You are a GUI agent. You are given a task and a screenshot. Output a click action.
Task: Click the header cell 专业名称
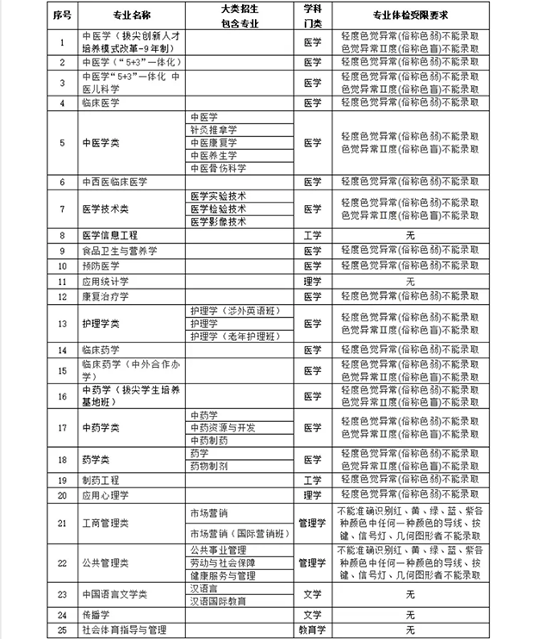coord(129,16)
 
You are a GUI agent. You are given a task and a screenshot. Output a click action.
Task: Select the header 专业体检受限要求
coord(410,16)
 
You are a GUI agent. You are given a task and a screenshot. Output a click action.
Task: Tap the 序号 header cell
coord(61,16)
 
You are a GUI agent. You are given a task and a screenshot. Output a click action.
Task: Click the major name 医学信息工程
coord(109,234)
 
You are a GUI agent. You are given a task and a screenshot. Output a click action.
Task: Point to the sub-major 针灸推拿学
coord(214,129)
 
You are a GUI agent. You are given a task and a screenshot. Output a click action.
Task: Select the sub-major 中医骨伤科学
coord(219,168)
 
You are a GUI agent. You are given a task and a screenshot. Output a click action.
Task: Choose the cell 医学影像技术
coord(219,220)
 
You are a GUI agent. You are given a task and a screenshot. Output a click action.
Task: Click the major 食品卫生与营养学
coord(119,250)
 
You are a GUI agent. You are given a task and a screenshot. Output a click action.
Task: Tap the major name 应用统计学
coord(104,281)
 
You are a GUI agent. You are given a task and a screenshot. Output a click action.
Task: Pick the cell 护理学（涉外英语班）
coord(237,310)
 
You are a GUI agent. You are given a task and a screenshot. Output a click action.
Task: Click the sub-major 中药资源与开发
coord(223,427)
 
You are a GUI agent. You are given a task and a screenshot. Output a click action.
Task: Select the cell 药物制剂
coord(209,465)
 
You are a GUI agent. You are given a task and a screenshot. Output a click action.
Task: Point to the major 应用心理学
coord(104,495)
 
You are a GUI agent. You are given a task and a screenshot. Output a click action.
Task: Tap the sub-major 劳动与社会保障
coord(223,561)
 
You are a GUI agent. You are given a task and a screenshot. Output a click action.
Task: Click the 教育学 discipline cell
coord(312,630)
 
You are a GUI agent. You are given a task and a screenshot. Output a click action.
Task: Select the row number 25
coord(61,630)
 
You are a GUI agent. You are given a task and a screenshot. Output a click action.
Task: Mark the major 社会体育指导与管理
coord(123,630)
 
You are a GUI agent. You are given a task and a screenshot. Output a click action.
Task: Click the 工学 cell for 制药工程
coord(312,480)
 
